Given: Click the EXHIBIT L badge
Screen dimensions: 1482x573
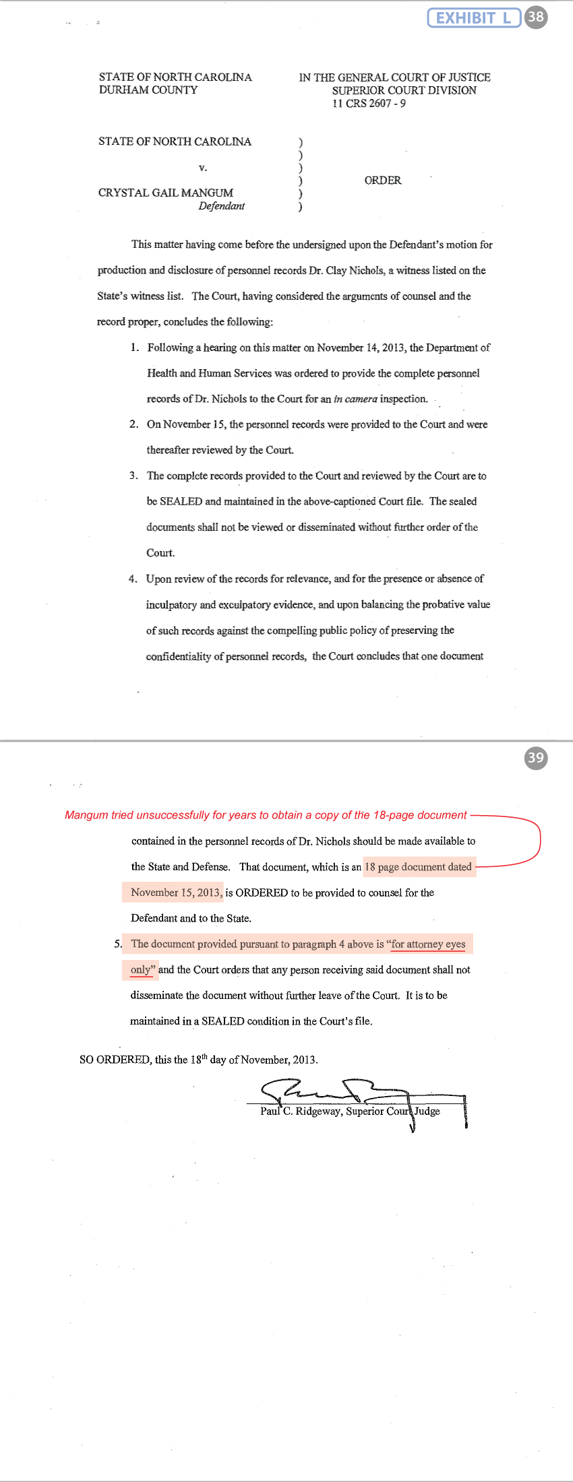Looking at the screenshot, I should [474, 18].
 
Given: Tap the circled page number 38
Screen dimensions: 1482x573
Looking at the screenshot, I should [536, 17].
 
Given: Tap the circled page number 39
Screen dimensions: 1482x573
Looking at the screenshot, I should [536, 758].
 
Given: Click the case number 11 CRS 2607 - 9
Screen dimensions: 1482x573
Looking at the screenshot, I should [369, 103].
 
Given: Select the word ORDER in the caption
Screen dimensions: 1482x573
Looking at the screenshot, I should [383, 181].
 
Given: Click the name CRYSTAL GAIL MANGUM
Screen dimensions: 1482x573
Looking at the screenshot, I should [166, 193].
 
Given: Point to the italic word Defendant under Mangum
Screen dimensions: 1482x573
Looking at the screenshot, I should [221, 206].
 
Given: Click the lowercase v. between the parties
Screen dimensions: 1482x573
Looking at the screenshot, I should [203, 167].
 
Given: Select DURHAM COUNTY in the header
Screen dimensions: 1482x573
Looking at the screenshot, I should [148, 90].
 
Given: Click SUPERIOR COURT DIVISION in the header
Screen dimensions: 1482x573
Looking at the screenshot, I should [404, 90].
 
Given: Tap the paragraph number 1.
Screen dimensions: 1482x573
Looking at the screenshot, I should [134, 348].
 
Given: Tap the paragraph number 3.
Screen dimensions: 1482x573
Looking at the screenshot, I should [133, 476].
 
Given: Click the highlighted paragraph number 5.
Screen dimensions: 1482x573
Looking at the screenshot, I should [118, 944].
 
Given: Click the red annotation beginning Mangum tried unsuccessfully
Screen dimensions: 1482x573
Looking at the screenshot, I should [266, 815].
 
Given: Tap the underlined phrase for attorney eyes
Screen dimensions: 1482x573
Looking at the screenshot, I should [428, 944].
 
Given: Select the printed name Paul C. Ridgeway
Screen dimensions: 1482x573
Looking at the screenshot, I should [301, 1111].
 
